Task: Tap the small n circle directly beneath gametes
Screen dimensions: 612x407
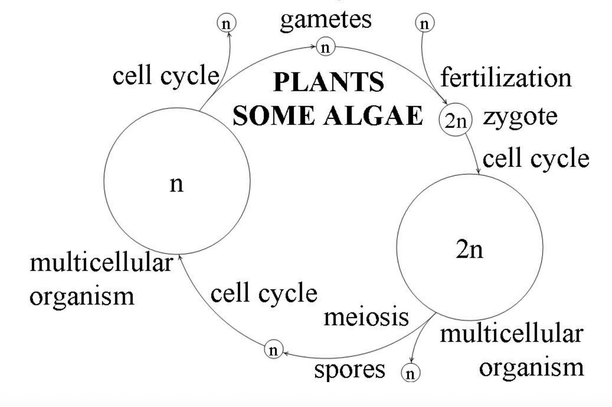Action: [326, 47]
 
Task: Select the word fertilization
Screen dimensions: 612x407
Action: [506, 78]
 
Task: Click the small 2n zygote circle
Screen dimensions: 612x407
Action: [455, 120]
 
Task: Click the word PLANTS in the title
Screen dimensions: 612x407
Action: [329, 82]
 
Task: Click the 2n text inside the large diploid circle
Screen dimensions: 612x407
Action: [469, 249]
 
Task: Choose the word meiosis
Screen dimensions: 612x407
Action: [366, 317]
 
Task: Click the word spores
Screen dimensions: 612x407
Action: [349, 369]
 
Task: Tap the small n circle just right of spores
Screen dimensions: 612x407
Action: [410, 373]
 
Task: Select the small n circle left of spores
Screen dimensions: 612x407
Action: [274, 350]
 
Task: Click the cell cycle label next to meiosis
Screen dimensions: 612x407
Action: [264, 293]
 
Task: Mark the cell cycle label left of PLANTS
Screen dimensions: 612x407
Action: [166, 75]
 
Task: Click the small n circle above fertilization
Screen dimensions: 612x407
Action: [425, 23]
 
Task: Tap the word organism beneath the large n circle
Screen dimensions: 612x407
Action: [82, 296]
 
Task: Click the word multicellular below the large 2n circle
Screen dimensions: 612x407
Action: [511, 334]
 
